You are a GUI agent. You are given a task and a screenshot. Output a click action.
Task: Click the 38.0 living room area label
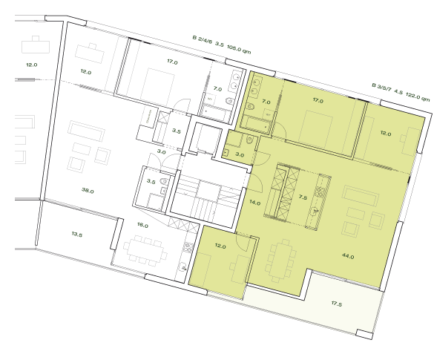88,191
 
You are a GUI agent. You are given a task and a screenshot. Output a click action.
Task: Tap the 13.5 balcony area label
76,234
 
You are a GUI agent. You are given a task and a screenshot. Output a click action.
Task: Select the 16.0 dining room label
142,225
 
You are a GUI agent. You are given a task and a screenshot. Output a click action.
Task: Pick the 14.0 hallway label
254,203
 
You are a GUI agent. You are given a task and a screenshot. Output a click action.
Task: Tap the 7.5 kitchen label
302,198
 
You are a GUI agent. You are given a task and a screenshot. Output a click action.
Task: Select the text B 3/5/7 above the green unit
384,87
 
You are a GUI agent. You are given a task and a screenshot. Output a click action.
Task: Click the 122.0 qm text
418,96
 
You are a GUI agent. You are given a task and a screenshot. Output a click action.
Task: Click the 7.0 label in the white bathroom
217,89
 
